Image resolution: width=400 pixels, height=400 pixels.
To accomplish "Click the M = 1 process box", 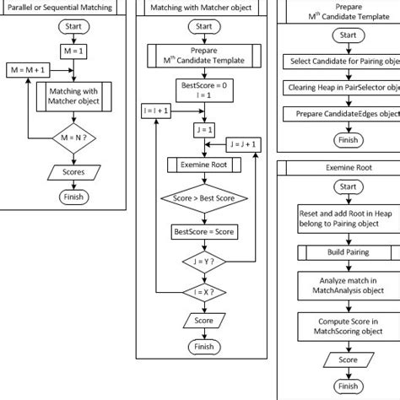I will click(73, 51).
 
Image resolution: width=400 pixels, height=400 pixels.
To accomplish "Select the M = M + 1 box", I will click(25, 70).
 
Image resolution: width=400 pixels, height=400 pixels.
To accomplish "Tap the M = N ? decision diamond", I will click(73, 135).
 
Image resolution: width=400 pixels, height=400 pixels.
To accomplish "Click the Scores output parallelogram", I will click(73, 172).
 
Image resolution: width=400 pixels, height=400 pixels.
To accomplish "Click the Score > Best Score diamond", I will click(204, 199).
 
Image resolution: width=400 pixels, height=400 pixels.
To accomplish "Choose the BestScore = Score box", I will click(204, 230).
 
